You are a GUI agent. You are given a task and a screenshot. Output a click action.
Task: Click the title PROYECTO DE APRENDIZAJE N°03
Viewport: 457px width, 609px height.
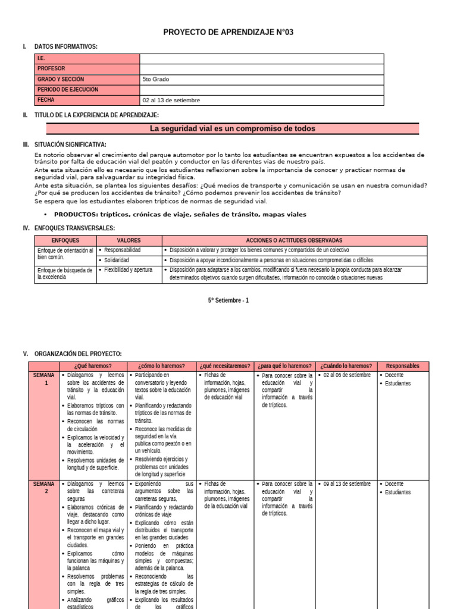point(228,32)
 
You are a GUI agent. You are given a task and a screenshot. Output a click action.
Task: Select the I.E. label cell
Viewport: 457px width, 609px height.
point(87,59)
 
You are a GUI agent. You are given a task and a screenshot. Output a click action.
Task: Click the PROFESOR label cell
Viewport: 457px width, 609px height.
point(87,69)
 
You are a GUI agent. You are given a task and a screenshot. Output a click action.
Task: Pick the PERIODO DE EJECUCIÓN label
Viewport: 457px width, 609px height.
point(87,90)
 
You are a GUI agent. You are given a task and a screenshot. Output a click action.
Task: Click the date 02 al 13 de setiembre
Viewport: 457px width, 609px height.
point(171,100)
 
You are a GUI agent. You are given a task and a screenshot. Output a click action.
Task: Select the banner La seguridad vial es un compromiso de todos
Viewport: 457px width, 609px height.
point(233,128)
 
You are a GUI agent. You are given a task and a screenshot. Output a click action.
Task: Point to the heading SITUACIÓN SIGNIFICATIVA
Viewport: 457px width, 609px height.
point(70,145)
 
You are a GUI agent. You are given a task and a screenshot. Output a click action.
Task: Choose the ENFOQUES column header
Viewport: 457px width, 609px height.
point(65,240)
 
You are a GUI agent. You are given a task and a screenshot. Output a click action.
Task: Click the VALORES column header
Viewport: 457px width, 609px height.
point(129,240)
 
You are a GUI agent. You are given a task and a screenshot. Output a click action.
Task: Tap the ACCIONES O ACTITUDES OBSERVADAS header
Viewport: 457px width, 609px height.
point(294,240)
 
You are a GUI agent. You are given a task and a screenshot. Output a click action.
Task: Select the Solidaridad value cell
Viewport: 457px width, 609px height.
point(117,260)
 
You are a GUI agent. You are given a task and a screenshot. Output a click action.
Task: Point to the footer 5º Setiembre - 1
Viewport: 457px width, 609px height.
point(228,300)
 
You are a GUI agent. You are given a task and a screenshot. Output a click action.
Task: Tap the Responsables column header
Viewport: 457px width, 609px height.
point(402,366)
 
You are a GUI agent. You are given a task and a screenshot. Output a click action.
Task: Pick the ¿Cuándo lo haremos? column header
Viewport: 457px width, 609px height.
point(346,366)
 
